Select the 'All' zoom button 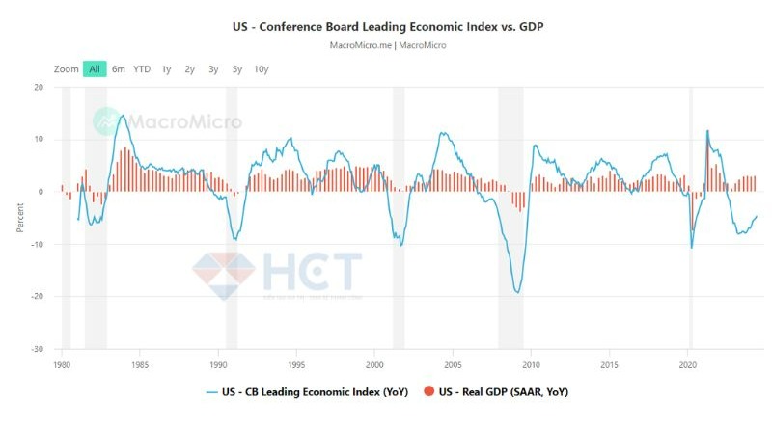[95, 68]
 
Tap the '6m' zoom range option [119, 68]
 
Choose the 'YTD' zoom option [142, 68]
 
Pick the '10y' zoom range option [261, 68]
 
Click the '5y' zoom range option [236, 68]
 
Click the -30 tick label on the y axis [37, 349]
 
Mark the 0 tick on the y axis [41, 192]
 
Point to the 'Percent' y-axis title [19, 218]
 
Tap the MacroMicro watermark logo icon [107, 121]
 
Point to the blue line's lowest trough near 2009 [518, 292]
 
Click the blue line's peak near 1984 [123, 116]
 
